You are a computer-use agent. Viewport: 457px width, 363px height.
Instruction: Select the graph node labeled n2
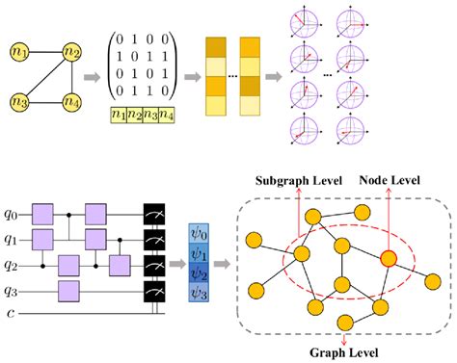(71, 49)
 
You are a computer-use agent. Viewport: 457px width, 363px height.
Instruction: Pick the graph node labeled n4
(71, 99)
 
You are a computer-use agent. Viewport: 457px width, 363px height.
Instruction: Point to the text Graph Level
(344, 350)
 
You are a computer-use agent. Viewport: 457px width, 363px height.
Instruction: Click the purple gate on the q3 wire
(67, 288)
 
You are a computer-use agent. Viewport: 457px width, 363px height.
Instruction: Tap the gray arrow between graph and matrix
(94, 75)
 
